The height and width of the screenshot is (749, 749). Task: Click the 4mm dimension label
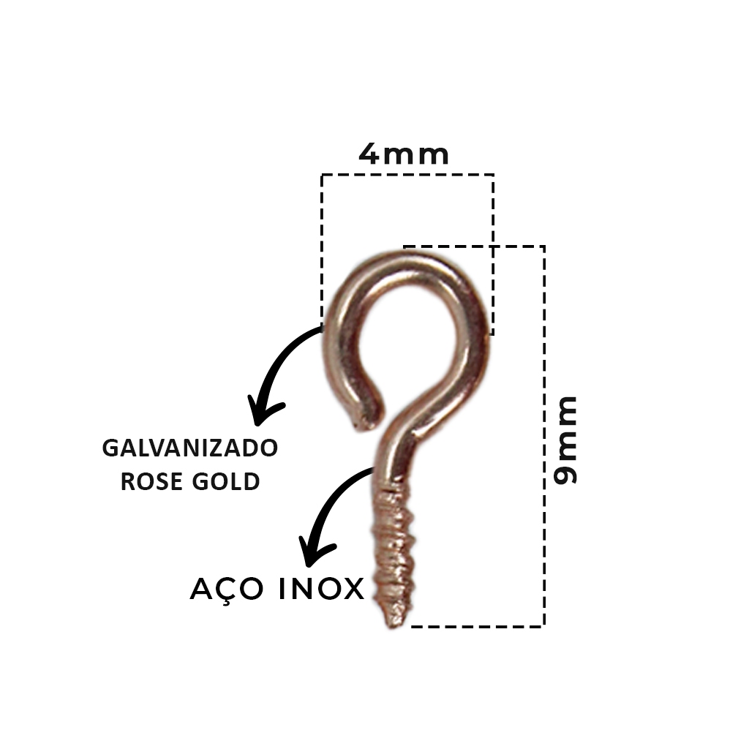[404, 154]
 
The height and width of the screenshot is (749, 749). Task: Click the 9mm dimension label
[565, 440]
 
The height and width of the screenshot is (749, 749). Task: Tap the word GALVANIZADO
[190, 448]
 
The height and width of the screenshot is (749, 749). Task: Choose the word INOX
[321, 589]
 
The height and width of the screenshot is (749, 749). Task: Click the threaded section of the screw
[392, 549]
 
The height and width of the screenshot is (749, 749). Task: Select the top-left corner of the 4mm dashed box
[322, 175]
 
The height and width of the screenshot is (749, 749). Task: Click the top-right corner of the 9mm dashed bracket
[544, 246]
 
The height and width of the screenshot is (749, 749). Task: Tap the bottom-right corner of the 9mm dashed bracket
[544, 626]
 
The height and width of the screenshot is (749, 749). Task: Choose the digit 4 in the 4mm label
[369, 154]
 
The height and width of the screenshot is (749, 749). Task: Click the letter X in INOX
[353, 589]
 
